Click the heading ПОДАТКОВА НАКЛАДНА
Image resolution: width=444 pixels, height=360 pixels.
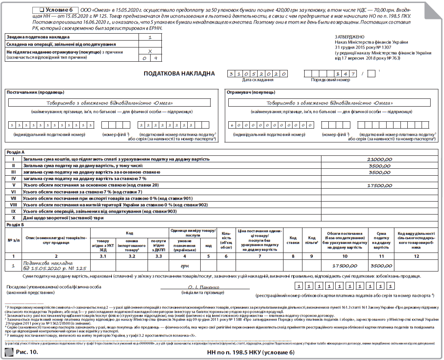(x=179, y=74)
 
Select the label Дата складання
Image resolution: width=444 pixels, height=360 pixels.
(x=257, y=80)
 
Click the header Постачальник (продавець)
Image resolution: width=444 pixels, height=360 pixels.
(x=35, y=92)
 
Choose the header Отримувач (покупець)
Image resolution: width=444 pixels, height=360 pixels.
(x=251, y=92)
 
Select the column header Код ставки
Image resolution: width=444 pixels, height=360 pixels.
(x=293, y=240)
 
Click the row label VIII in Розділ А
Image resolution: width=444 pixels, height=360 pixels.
(x=13, y=205)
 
